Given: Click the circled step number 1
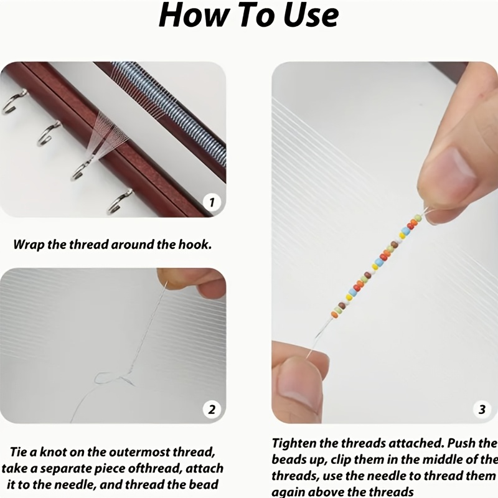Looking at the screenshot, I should [x=212, y=202].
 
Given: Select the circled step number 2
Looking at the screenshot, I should [x=212, y=409].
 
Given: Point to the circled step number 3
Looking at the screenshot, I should [x=482, y=409].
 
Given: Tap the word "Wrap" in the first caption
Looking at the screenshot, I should [x=29, y=244].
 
